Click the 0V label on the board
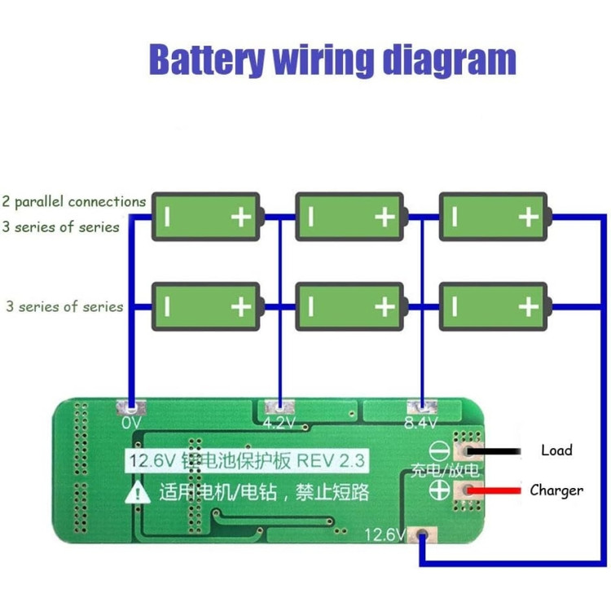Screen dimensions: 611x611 pos(132,423)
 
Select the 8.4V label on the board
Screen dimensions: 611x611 pos(420,423)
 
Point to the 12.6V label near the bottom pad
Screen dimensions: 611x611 pos(385,535)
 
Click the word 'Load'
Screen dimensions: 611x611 pos(556,450)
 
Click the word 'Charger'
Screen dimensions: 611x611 pos(556,490)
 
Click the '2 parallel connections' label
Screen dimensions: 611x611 pos(74,201)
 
